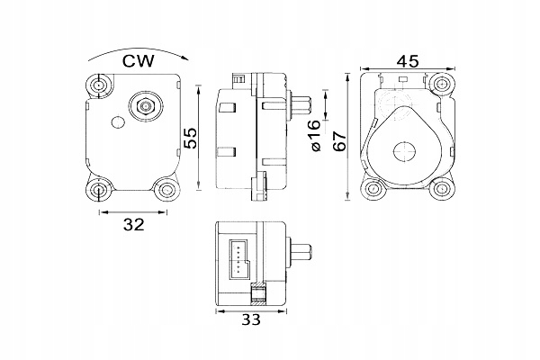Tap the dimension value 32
coord(132,226)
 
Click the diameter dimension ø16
coord(315,138)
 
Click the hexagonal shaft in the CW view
coord(141,105)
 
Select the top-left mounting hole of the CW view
coord(99,86)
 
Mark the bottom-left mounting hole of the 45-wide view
coord(372,190)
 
